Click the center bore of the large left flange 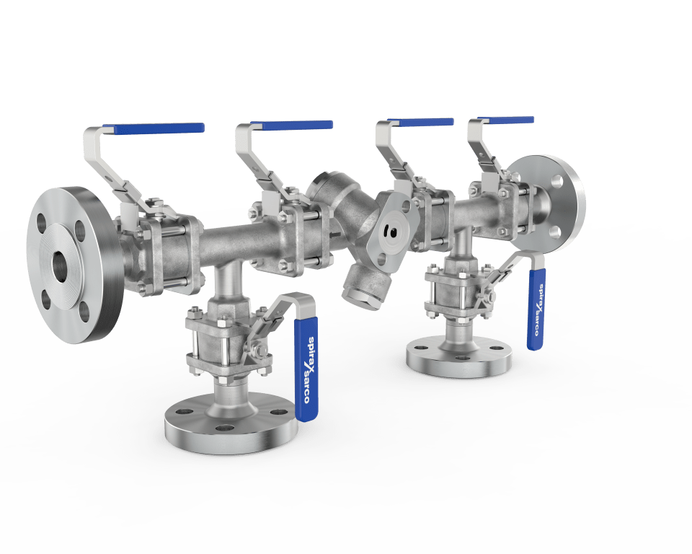[61, 265]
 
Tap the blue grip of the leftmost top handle [154, 128]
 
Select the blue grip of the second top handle [291, 125]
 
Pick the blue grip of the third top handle [420, 121]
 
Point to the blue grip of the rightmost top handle [506, 120]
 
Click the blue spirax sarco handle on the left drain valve [306, 369]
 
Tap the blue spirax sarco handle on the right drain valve [536, 309]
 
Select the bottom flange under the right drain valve [459, 356]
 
